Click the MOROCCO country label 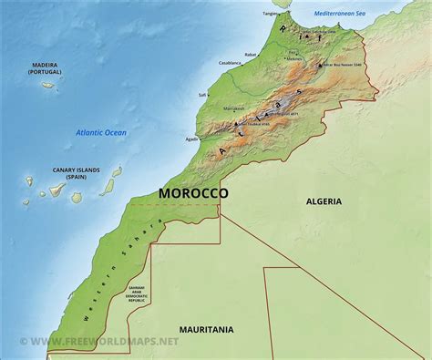click(x=194, y=193)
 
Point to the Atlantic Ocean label click(x=101, y=133)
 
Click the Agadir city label click(x=191, y=139)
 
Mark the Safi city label click(x=202, y=94)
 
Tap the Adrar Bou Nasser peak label click(x=345, y=66)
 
